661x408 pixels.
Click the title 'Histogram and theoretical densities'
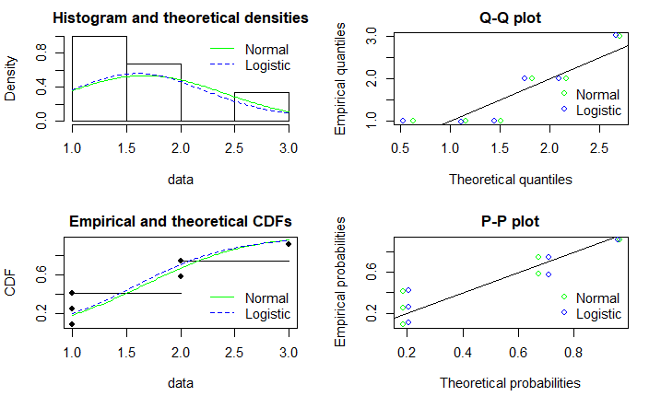click(180, 18)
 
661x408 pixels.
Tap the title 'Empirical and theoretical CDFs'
click(180, 222)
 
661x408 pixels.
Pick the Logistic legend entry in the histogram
click(267, 65)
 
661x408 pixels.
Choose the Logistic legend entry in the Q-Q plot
click(598, 111)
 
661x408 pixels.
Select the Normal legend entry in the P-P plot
click(597, 297)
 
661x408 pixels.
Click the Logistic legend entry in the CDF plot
click(267, 314)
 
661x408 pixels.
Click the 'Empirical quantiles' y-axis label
click(341, 79)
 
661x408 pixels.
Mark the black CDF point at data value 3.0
click(289, 243)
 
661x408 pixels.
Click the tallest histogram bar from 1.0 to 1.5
click(100, 79)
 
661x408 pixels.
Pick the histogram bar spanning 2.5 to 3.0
click(262, 107)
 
